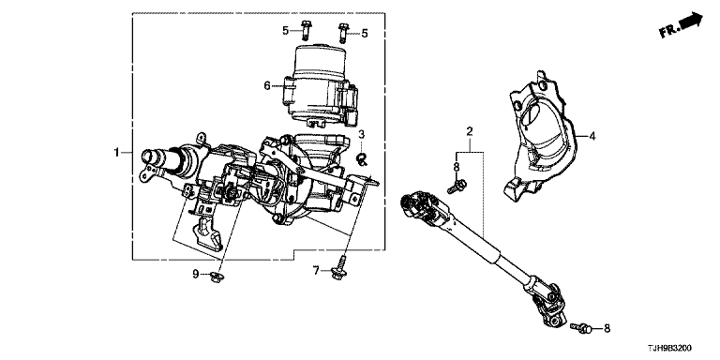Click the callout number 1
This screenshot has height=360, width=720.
[117, 152]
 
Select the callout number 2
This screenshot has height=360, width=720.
[470, 132]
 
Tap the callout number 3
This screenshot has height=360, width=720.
[361, 134]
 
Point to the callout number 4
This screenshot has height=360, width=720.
[592, 136]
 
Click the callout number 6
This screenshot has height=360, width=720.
[267, 86]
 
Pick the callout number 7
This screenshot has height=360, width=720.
[316, 271]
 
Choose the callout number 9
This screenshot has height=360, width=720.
[196, 274]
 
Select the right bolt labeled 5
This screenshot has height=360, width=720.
[342, 33]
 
